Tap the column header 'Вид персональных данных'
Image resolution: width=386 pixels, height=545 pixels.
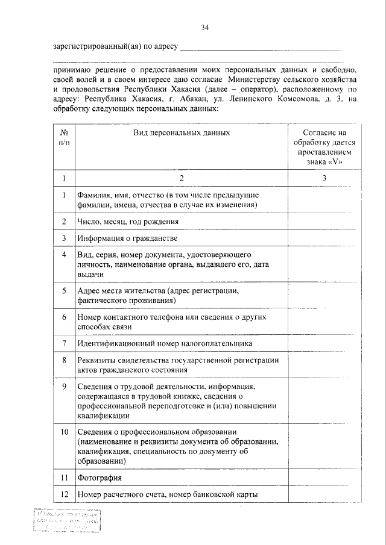[x=182, y=131]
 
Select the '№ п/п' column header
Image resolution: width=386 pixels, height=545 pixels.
[x=64, y=136]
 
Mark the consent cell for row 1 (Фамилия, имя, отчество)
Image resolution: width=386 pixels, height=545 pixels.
[x=324, y=201]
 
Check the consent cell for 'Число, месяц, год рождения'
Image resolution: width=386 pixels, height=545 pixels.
[x=324, y=222]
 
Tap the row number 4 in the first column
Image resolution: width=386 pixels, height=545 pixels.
[x=64, y=255]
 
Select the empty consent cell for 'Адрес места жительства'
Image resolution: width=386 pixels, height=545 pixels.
[x=324, y=295]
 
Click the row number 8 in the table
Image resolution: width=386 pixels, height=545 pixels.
[x=64, y=360]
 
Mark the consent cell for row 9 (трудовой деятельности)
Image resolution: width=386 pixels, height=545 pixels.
[x=324, y=400]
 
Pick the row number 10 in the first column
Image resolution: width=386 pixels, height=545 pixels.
[x=64, y=432]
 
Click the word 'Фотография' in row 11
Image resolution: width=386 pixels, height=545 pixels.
[x=100, y=478]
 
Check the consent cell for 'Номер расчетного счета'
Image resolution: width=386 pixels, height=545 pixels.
[x=324, y=494]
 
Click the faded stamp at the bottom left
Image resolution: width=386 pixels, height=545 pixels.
[x=66, y=520]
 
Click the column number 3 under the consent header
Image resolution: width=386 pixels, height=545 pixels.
[x=324, y=178]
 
